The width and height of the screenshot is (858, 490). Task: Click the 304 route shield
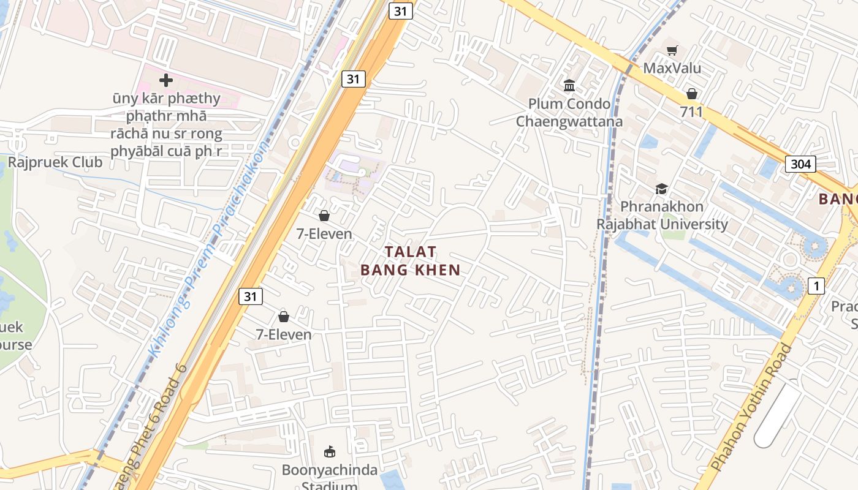pyautogui.click(x=800, y=164)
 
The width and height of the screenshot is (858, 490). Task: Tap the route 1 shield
pyautogui.click(x=816, y=285)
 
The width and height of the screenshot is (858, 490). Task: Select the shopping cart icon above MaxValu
pyautogui.click(x=672, y=50)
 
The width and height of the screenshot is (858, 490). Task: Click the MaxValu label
pyautogui.click(x=672, y=67)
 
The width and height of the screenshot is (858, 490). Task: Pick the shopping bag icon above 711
pyautogui.click(x=691, y=94)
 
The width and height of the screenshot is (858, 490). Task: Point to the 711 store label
pyautogui.click(x=691, y=111)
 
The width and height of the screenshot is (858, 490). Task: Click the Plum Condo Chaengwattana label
pyautogui.click(x=569, y=112)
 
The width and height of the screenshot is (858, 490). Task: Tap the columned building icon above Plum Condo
pyautogui.click(x=569, y=85)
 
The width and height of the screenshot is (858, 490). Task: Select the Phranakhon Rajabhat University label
pyautogui.click(x=662, y=215)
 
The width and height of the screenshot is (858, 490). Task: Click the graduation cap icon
pyautogui.click(x=661, y=189)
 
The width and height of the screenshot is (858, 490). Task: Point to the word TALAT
pyautogui.click(x=411, y=252)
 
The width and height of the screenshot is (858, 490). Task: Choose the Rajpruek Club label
pyautogui.click(x=55, y=162)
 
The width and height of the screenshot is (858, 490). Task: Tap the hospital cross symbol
pyautogui.click(x=165, y=80)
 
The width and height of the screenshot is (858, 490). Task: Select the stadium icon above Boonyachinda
pyautogui.click(x=330, y=452)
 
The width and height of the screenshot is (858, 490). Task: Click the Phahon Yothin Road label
pyautogui.click(x=753, y=407)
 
